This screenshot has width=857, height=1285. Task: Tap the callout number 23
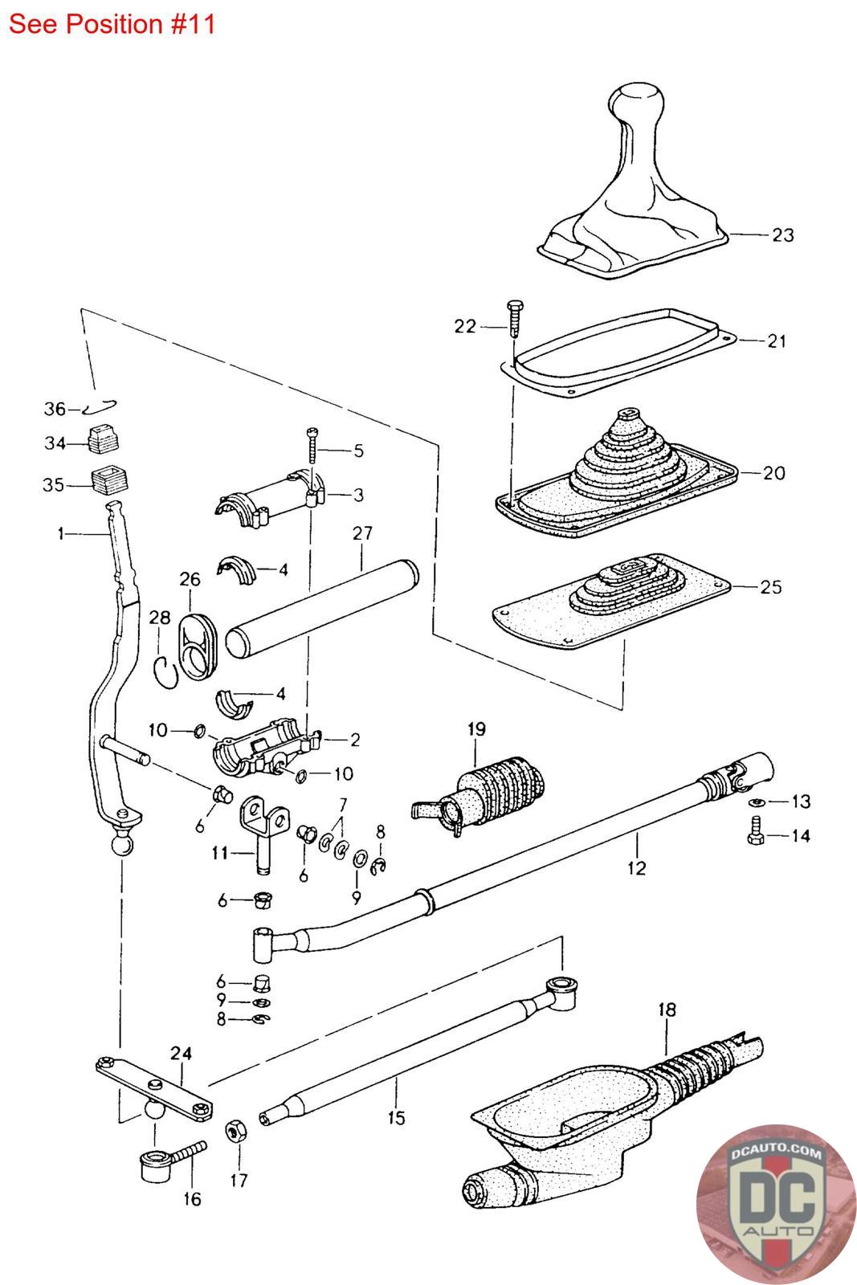click(x=782, y=235)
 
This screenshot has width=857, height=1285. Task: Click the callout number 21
click(x=777, y=341)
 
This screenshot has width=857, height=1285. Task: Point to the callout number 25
click(x=770, y=587)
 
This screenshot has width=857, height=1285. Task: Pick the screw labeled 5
click(x=312, y=446)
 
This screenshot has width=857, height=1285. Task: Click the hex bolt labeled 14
click(x=756, y=831)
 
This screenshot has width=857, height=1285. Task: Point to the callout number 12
click(x=637, y=868)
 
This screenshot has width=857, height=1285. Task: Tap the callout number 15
click(x=396, y=1117)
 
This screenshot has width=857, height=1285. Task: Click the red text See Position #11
click(x=112, y=24)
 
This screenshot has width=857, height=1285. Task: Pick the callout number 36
click(x=55, y=409)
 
